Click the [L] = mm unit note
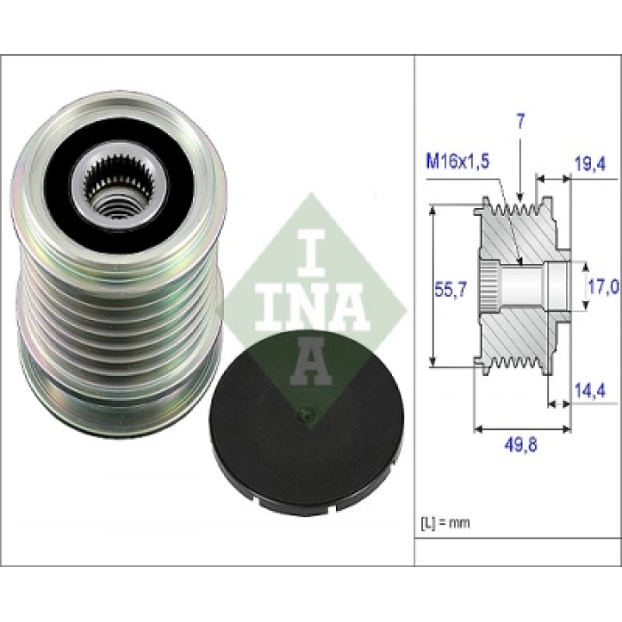(x=444, y=522)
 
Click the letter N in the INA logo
(x=310, y=306)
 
